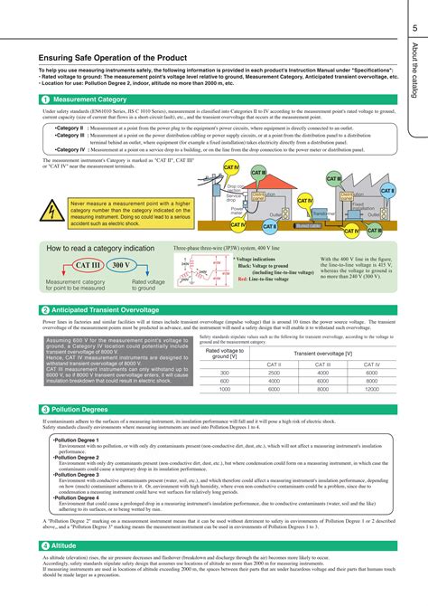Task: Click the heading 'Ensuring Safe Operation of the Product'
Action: [x=107, y=58]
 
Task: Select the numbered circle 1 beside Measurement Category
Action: [x=44, y=99]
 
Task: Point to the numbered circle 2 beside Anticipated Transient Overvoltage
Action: [x=44, y=310]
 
